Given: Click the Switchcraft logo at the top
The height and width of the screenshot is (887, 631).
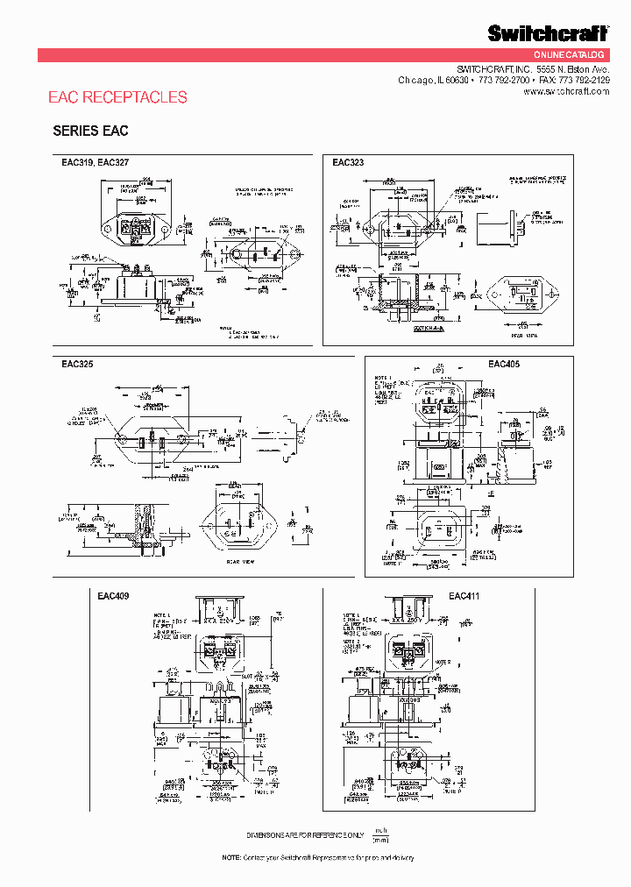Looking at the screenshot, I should pyautogui.click(x=548, y=33).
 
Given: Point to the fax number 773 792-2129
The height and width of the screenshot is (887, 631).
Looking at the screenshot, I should pyautogui.click(x=584, y=80).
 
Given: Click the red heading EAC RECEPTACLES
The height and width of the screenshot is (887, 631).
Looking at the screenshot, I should pyautogui.click(x=117, y=97).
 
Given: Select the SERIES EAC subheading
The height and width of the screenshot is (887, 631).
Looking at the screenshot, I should pyautogui.click(x=90, y=131).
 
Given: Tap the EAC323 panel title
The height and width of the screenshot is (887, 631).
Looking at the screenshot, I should pyautogui.click(x=348, y=163).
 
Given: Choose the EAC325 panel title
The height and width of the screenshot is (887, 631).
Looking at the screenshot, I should pyautogui.click(x=77, y=363).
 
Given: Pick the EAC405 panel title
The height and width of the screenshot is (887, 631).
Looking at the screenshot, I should pyautogui.click(x=504, y=364).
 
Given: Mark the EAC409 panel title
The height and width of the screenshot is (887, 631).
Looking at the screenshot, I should pyautogui.click(x=114, y=596).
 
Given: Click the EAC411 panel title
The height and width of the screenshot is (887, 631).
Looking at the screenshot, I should pyautogui.click(x=464, y=596).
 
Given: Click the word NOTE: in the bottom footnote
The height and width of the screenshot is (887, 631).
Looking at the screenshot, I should pyautogui.click(x=230, y=857).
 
